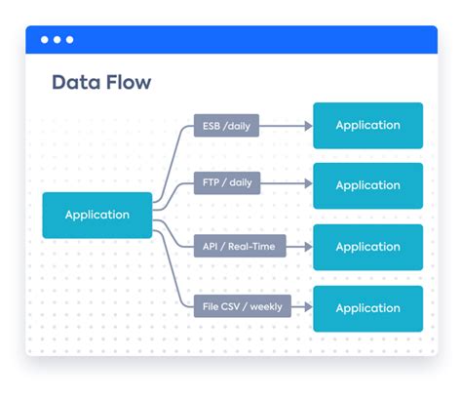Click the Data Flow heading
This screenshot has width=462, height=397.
(x=101, y=82)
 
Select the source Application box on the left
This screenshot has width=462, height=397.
(x=97, y=215)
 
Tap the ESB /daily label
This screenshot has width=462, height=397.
(x=226, y=125)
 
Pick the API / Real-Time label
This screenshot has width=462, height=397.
(x=239, y=247)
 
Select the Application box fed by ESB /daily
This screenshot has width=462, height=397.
(x=367, y=125)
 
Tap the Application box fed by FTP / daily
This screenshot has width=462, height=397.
(x=367, y=185)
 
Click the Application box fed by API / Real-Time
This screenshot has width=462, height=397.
(x=367, y=247)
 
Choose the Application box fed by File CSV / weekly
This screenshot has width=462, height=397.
(x=367, y=308)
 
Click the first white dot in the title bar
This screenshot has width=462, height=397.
(x=44, y=40)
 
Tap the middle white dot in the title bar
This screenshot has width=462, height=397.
(x=57, y=40)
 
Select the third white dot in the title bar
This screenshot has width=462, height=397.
(x=69, y=40)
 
